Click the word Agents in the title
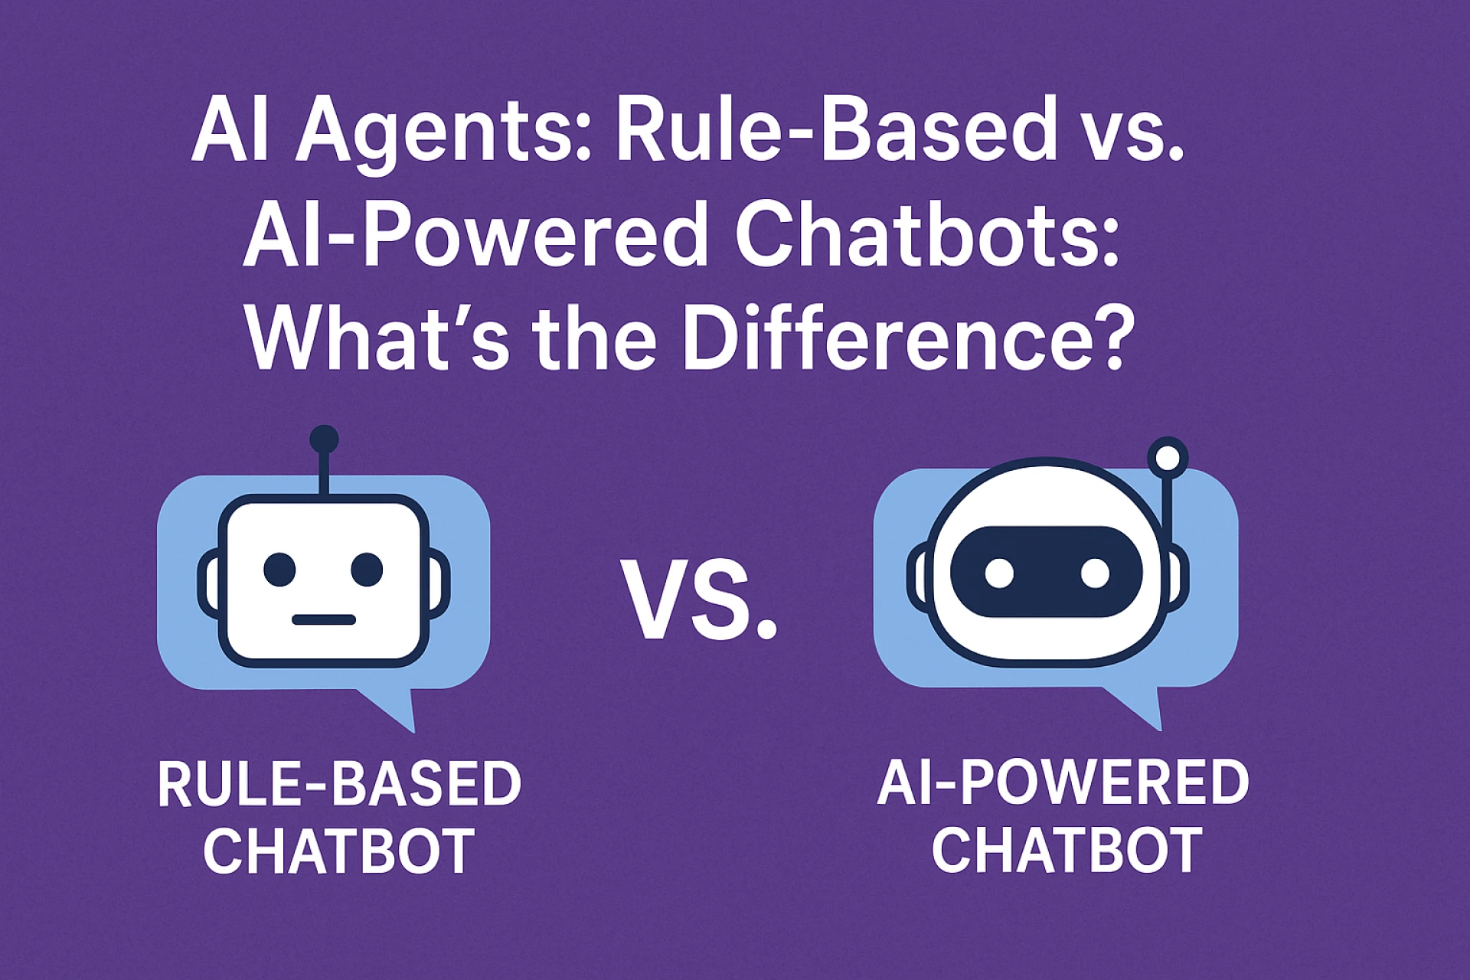[x=443, y=136]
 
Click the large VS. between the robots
[x=698, y=599]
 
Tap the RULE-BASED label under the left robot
[x=339, y=784]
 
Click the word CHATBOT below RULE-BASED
[x=339, y=851]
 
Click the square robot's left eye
[x=279, y=569]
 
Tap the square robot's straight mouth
[x=324, y=619]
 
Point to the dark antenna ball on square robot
[x=324, y=439]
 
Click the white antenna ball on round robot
[x=1168, y=457]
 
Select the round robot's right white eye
[x=1094, y=573]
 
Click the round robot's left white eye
[x=999, y=573]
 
